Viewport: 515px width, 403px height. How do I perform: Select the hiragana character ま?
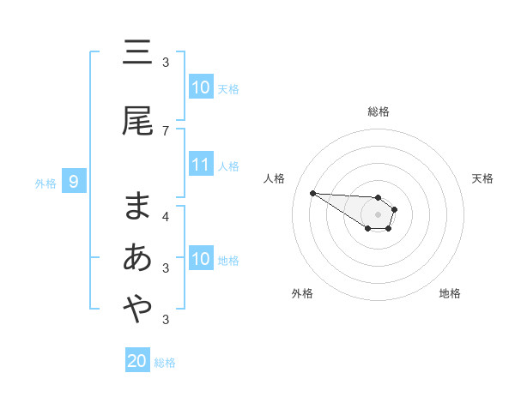click(137, 207)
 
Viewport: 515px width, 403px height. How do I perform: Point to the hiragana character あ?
click(137, 257)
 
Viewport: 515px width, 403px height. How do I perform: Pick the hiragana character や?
click(137, 310)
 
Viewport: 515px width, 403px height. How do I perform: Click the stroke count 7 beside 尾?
click(166, 130)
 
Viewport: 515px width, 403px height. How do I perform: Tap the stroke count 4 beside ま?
click(166, 216)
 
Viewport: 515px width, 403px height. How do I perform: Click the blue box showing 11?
click(201, 165)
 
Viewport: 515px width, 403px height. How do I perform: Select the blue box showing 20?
click(137, 361)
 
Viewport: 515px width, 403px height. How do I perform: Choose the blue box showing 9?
click(75, 182)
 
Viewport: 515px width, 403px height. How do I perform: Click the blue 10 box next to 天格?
click(201, 87)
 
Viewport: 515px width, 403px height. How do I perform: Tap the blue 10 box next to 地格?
click(201, 259)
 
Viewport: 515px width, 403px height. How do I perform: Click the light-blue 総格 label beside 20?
click(165, 363)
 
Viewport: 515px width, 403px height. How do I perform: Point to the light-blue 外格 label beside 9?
click(45, 183)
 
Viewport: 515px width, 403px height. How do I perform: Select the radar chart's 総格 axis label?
click(379, 111)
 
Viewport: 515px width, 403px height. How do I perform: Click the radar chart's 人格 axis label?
click(275, 178)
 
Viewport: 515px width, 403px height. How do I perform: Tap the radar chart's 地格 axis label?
click(450, 293)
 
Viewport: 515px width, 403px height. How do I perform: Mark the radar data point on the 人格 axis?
click(312, 193)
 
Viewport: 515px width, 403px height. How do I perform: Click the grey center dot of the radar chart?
click(379, 214)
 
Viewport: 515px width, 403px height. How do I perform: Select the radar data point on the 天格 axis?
click(395, 209)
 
